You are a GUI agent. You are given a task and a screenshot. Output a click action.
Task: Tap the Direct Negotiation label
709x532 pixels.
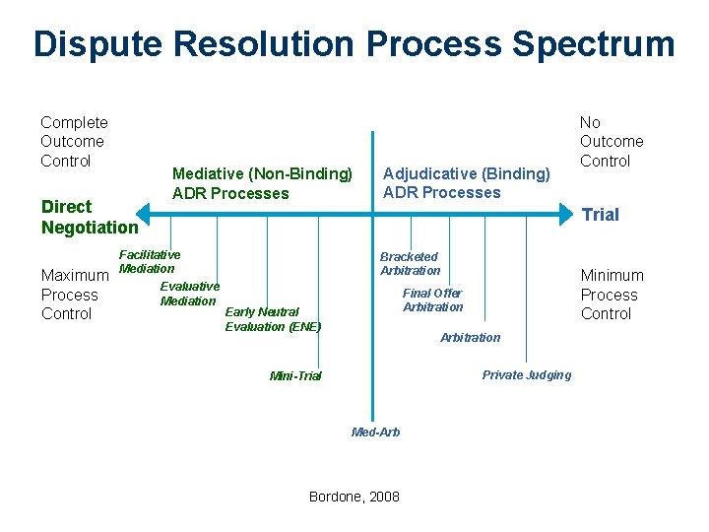click(90, 217)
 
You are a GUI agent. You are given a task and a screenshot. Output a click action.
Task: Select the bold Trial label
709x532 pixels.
click(601, 215)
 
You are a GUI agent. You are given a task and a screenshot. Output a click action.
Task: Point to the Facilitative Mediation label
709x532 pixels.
click(149, 261)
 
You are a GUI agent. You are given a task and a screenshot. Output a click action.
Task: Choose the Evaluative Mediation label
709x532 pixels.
click(189, 294)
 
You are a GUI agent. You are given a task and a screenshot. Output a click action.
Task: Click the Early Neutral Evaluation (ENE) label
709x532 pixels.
click(273, 319)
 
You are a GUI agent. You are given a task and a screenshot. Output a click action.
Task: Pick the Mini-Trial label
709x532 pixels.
click(295, 376)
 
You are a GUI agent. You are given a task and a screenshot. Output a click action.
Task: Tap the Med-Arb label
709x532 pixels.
click(376, 432)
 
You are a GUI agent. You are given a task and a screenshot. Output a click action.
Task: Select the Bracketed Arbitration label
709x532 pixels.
click(410, 263)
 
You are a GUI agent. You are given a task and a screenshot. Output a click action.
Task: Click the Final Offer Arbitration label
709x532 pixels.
click(432, 299)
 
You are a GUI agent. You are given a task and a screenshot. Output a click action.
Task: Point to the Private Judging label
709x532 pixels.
click(526, 374)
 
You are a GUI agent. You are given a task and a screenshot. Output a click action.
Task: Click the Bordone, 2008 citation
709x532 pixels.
click(354, 497)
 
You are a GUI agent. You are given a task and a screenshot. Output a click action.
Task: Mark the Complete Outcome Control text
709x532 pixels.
click(74, 142)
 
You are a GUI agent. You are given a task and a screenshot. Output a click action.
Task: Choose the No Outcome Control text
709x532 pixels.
click(611, 142)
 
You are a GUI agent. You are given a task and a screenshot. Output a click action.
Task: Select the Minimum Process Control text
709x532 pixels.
click(612, 295)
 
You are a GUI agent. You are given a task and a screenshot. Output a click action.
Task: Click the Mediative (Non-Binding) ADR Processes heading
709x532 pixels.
click(262, 183)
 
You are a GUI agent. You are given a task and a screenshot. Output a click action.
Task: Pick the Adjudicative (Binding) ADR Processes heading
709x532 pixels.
click(466, 182)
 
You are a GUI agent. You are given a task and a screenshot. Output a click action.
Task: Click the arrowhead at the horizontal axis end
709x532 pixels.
click(569, 209)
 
